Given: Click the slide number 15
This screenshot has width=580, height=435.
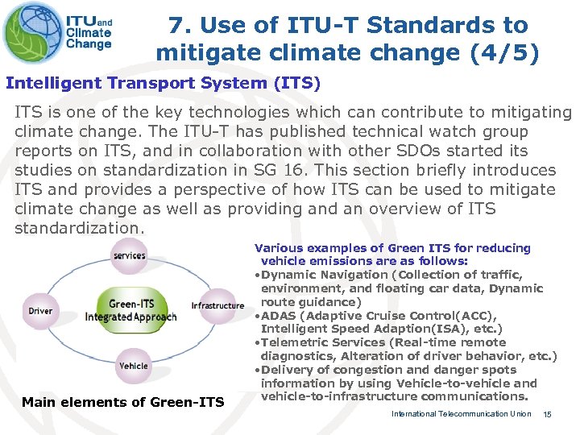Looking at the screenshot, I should pos(547,414).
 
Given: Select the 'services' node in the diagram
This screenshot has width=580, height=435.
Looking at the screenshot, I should pos(129,255).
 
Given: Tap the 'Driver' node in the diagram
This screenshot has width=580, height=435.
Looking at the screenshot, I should pos(40,311).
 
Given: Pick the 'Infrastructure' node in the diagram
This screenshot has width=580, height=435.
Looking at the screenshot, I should pos(217,306).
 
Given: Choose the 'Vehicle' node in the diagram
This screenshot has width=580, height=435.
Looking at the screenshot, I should pos(133,366).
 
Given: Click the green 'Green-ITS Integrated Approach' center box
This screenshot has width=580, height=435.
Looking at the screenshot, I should pos(130,310).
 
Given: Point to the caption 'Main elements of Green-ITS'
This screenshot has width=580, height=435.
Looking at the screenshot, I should pos(122,402).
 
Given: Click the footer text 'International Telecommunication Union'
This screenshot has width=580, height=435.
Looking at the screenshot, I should pos(461,414).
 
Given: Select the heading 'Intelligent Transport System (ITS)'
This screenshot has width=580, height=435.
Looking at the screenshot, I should pos(163,83).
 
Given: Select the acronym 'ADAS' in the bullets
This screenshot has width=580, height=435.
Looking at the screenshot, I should pos(279,315).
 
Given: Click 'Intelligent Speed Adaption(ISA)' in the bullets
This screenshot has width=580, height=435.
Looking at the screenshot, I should pos(345,329).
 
